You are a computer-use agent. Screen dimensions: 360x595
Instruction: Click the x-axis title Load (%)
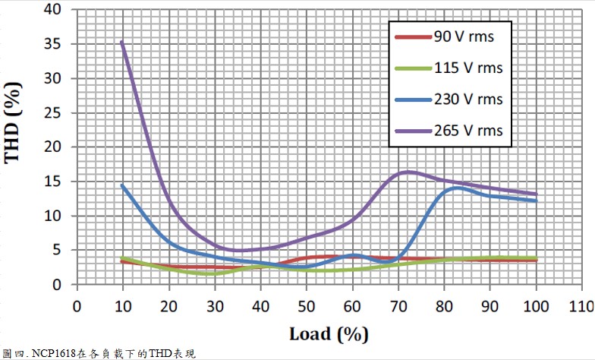click(329, 333)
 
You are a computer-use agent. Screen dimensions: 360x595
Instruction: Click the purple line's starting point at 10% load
click(121, 42)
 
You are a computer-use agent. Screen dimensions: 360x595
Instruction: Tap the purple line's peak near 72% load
click(408, 172)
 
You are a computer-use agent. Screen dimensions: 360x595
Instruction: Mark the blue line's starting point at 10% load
click(121, 185)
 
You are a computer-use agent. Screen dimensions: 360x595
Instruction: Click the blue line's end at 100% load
click(537, 201)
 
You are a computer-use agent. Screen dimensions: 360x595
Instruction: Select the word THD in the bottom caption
click(160, 354)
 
